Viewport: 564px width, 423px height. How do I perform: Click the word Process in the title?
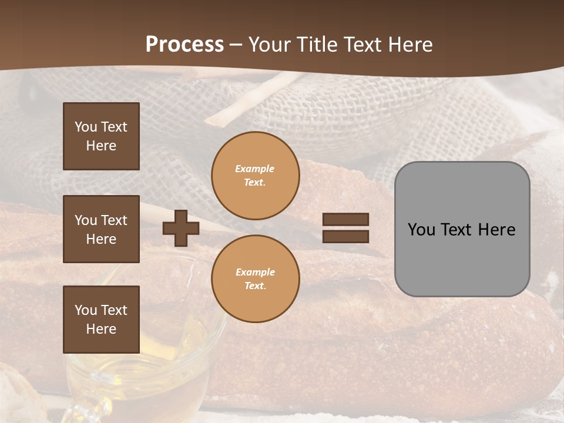click(x=184, y=45)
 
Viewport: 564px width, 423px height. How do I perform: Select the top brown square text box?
click(x=101, y=136)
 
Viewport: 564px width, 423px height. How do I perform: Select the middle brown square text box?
click(x=101, y=229)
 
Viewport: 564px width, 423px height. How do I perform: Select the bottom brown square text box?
click(x=101, y=320)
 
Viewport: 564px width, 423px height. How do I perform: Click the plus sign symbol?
click(x=181, y=228)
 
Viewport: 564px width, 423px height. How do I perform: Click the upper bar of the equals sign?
click(x=345, y=219)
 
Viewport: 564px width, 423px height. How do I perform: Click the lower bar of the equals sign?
click(x=345, y=236)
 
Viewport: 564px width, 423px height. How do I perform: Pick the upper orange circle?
click(x=256, y=176)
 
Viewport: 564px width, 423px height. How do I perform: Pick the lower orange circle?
click(x=256, y=278)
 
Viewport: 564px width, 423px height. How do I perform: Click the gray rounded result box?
click(x=462, y=229)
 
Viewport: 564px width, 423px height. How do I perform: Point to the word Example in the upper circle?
click(x=255, y=169)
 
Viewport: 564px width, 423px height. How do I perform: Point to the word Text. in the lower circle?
click(x=256, y=286)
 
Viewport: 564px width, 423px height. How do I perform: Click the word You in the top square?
click(x=86, y=127)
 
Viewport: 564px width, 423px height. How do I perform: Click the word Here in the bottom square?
click(x=101, y=329)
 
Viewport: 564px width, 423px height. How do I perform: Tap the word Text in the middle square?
click(x=113, y=220)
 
